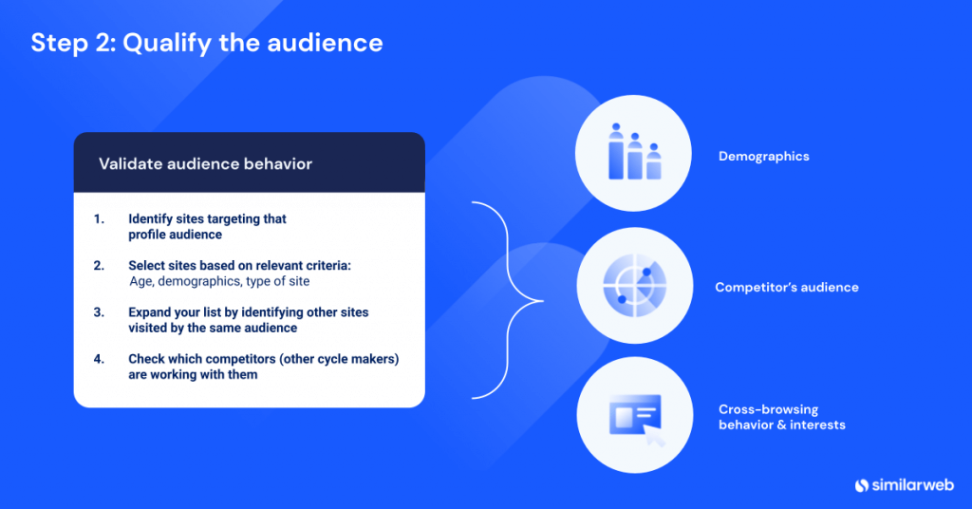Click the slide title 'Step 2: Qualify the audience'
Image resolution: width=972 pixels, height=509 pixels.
coord(206,44)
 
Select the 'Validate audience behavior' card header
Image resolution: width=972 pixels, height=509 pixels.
coord(205,164)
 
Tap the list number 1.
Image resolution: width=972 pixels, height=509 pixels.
coord(98,219)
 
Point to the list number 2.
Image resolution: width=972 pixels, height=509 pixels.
coord(99,266)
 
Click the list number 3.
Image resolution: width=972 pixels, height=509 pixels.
coord(99,312)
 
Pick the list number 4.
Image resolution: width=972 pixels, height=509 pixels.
coord(99,359)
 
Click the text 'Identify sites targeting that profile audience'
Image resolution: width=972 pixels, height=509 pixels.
coord(207,226)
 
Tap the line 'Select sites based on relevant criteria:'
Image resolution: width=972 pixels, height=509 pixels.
coord(239,266)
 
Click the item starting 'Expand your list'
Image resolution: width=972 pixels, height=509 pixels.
coord(248,320)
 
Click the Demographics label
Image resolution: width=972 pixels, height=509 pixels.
coord(763,157)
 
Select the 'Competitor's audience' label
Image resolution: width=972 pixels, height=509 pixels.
coord(786,288)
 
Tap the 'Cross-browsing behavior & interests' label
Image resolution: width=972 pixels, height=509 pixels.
coord(781,417)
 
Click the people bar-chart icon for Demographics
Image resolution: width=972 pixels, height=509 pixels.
coord(633,154)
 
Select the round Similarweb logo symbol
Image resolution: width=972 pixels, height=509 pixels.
coord(862,485)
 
